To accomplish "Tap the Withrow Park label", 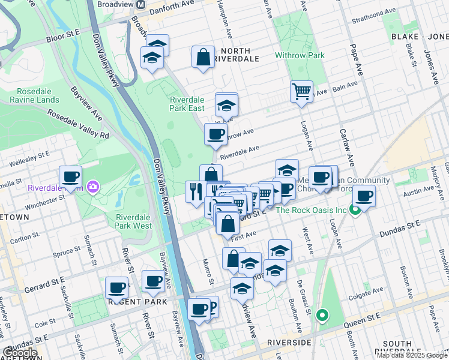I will pos(300,55).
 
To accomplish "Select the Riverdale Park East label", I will pos(187,104).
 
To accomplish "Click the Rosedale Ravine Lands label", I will pos(34,95).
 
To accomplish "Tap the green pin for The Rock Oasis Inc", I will pos(355,210).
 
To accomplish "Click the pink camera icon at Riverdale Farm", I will pos(92,187).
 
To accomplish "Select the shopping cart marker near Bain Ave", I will pos(301,92).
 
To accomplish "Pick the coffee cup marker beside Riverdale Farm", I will pos(71,176).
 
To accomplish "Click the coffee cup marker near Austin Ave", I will pos(364,195).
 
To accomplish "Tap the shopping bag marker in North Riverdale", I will pos(203,57).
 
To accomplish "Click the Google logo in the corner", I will pos(20,353).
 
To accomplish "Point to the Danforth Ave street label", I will pos(178,4).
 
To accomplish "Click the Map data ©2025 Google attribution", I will pos(411,355).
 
